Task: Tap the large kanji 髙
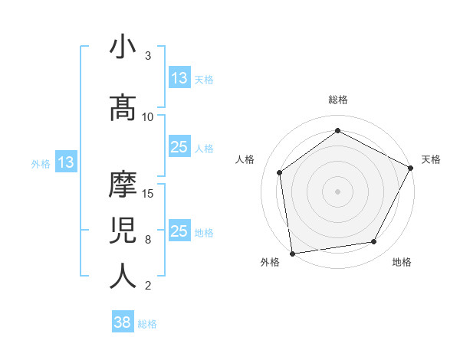point(123,108)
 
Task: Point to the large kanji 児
point(123,231)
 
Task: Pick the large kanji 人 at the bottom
point(123,277)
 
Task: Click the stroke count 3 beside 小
point(148,56)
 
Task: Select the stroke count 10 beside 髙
point(148,116)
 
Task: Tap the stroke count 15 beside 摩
point(148,193)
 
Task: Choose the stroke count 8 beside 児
point(148,239)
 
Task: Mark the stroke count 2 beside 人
point(148,286)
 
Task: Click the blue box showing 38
point(123,322)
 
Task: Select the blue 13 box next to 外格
point(65,162)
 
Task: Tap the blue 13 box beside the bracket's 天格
point(179,78)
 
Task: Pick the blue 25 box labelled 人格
point(179,147)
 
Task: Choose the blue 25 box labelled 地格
point(179,231)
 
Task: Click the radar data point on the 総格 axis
point(337,131)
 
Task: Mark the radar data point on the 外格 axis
point(292,253)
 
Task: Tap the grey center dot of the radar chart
point(337,191)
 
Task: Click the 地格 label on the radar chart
point(402,263)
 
